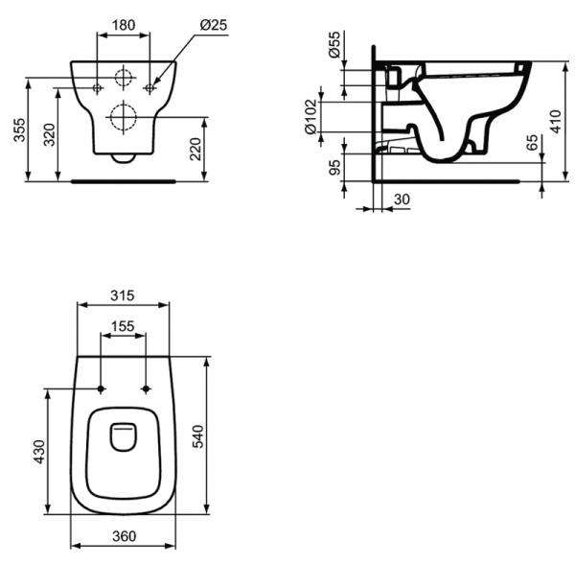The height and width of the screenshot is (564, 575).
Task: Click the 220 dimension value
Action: (196, 147)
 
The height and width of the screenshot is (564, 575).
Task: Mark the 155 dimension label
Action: (124, 326)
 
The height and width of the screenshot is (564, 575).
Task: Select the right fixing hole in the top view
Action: (146, 388)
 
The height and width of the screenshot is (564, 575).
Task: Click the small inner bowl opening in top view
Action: (124, 436)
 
